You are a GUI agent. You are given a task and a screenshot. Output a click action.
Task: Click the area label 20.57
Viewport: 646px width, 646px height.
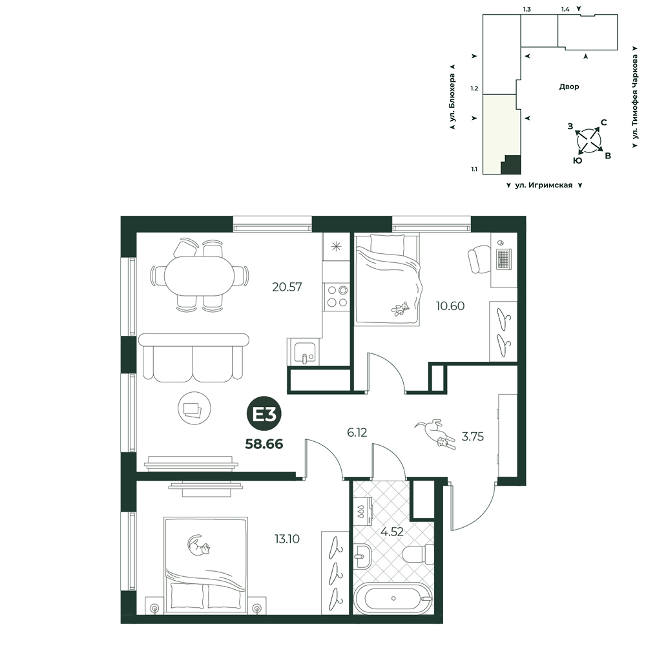pos(287,287)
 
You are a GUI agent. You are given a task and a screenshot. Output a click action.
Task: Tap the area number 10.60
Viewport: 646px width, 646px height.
pos(450,306)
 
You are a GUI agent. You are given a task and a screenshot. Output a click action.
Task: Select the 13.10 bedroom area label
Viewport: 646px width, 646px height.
pos(287,539)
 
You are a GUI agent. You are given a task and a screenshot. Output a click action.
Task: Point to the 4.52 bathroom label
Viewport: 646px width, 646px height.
pos(391,532)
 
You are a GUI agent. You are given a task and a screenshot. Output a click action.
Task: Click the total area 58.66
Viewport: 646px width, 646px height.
pos(264,444)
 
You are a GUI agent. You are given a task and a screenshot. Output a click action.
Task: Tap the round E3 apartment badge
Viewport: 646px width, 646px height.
pos(264,415)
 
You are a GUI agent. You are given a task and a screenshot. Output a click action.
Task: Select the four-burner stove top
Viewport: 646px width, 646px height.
pos(337,297)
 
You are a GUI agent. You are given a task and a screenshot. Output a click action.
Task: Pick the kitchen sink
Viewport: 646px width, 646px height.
pos(304,351)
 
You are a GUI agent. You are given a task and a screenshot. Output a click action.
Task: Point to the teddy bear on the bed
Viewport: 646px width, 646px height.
pos(400,309)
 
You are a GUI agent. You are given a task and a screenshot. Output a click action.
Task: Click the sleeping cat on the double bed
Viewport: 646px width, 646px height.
pos(199,545)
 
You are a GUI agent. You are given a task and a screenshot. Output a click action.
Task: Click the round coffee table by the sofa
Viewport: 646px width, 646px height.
pos(194,409)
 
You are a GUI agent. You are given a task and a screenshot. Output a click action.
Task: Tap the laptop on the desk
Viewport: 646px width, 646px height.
pos(503,258)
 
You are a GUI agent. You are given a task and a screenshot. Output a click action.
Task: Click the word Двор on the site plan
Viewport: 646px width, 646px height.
pos(569,87)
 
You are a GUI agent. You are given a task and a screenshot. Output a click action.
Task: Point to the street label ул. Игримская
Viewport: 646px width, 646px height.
pos(544,185)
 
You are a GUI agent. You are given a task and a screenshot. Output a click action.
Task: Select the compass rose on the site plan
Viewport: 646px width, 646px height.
pos(589,141)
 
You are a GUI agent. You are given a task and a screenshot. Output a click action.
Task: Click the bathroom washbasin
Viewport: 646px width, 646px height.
pos(362,556)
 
